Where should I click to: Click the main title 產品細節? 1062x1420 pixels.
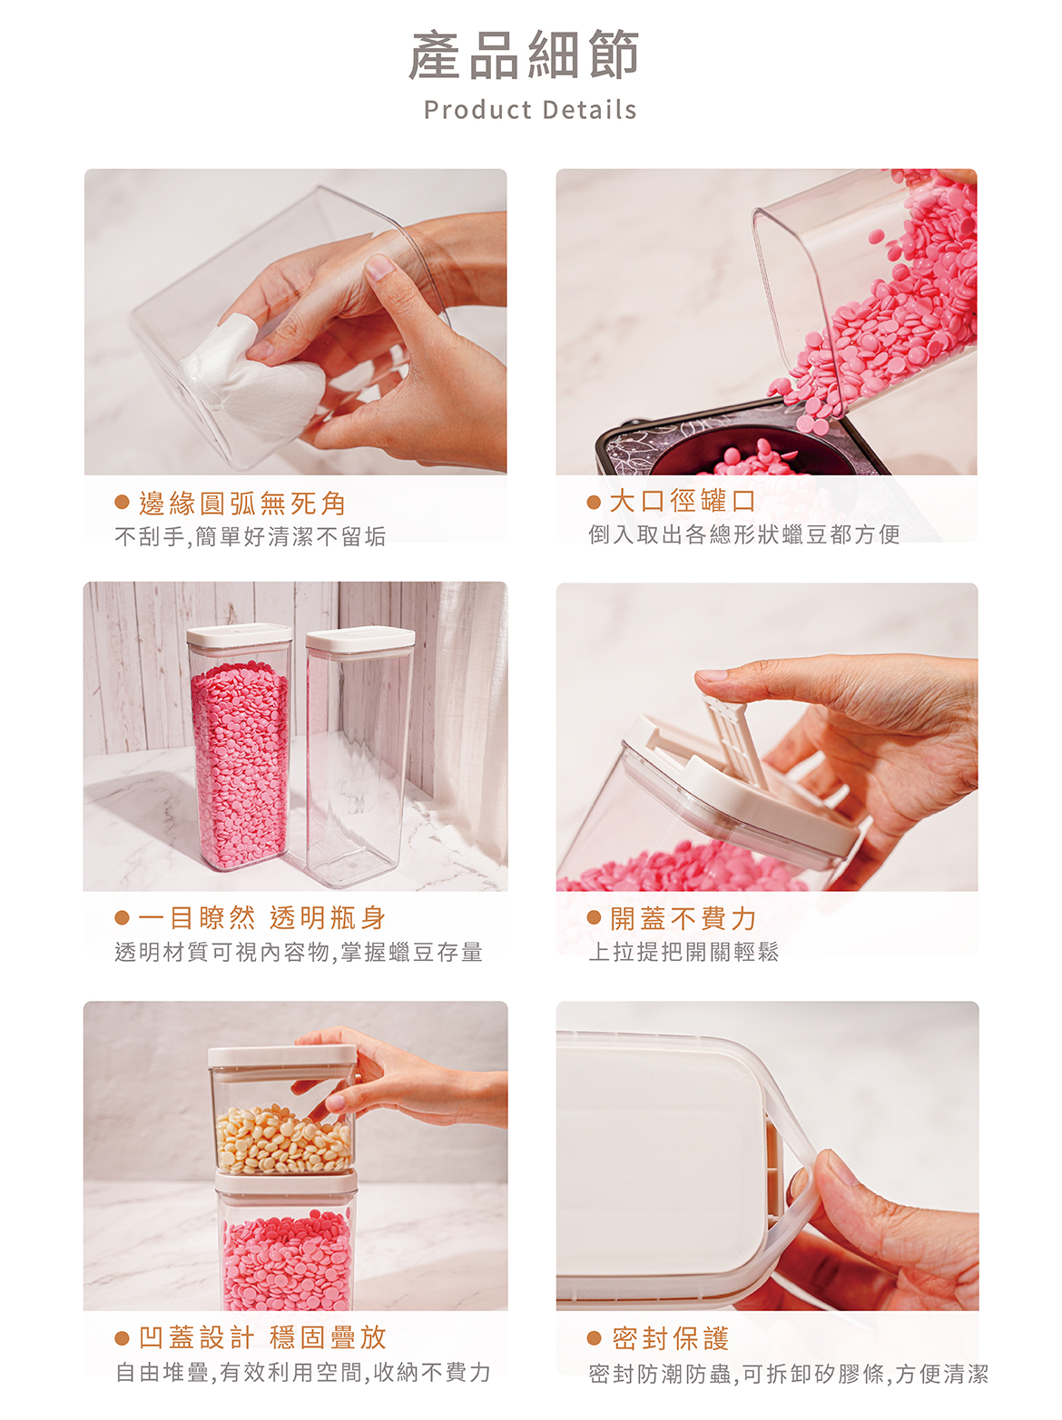coord(525,54)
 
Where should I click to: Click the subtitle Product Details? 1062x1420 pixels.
coord(530,109)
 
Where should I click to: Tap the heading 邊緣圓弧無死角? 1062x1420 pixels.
coord(242,503)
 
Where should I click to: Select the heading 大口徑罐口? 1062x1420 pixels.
coord(682,501)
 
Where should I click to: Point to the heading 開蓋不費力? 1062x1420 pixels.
coord(683,918)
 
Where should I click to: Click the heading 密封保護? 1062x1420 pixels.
coord(671,1337)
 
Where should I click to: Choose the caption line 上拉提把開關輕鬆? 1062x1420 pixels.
coord(683,952)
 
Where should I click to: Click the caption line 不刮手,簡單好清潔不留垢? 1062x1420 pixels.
coord(250,536)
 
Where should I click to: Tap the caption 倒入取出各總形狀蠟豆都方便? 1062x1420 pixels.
coord(744,534)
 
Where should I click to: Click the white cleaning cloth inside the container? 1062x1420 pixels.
coord(253,375)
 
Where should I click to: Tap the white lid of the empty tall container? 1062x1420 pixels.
coord(360,639)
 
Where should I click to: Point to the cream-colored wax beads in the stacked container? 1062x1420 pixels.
coord(283,1139)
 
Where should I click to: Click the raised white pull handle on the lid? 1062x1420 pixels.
coord(736,742)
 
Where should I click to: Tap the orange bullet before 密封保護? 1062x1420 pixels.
coord(594,1337)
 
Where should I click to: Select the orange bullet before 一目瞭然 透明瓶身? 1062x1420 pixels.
coord(122,917)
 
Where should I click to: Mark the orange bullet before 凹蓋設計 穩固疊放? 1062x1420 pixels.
coord(122,1337)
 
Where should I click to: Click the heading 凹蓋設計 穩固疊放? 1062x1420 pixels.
coord(262,1337)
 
